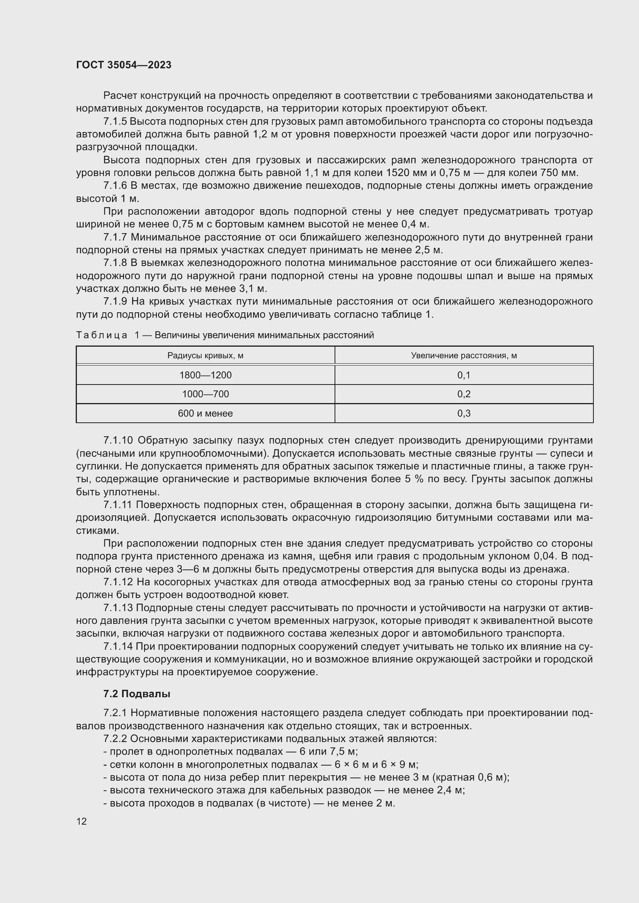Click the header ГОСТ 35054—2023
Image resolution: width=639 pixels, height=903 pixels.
[x=124, y=65]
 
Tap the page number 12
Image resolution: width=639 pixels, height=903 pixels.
[x=82, y=821]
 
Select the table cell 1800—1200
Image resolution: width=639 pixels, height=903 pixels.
[x=206, y=375]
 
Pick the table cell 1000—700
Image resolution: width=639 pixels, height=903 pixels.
[x=206, y=394]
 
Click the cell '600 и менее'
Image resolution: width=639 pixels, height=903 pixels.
[x=206, y=413]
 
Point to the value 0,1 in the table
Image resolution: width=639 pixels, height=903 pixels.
[x=464, y=375]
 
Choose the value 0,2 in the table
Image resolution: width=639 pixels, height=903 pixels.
[x=464, y=394]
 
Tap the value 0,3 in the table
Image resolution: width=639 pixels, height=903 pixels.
[x=464, y=413]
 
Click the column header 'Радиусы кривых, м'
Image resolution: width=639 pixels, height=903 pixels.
[x=206, y=356]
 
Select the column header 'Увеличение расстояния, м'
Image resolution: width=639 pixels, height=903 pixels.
[x=464, y=356]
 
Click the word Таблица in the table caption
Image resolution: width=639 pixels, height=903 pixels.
[x=102, y=335]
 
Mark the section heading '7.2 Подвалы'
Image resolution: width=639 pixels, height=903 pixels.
[x=136, y=694]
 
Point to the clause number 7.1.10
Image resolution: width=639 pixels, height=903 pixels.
[x=119, y=440]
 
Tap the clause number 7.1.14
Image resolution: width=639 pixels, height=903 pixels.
[x=119, y=647]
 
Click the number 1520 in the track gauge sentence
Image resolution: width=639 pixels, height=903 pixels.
[x=400, y=173]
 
